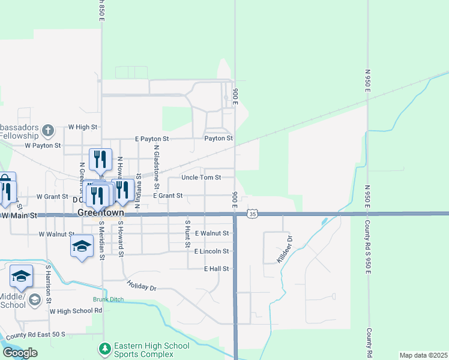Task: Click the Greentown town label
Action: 100,213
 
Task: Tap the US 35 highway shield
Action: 253,214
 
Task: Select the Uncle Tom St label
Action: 202,178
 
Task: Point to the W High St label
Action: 82,127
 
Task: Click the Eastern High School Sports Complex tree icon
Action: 104,348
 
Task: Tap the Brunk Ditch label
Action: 107,299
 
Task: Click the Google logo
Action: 20,353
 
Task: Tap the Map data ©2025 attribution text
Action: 423,355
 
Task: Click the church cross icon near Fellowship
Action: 48,130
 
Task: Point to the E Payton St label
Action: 152,138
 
